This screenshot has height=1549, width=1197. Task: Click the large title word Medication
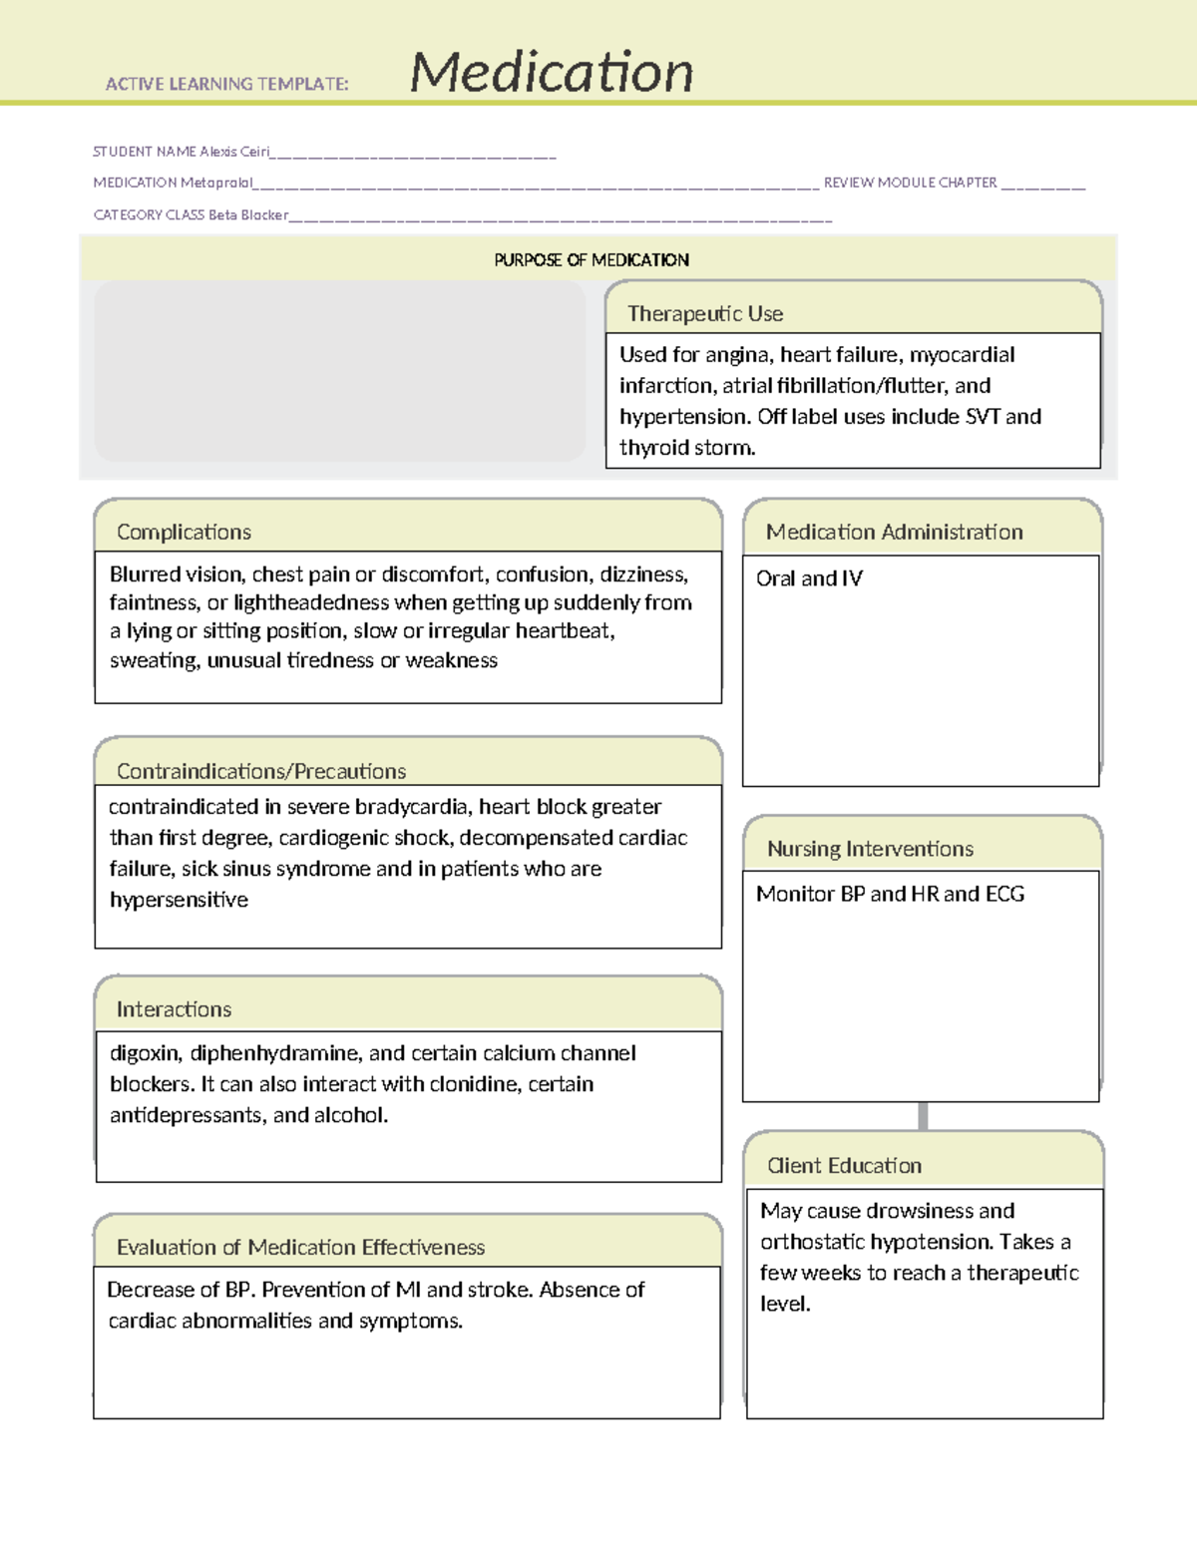point(552,72)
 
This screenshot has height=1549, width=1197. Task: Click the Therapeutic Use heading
point(704,313)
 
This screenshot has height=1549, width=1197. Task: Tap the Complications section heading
point(184,532)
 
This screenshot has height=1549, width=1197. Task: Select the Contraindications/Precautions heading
point(261,771)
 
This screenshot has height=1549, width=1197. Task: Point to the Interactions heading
point(174,1009)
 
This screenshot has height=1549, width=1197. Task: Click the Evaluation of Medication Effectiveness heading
point(300,1247)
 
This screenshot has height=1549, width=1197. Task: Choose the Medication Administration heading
point(894,532)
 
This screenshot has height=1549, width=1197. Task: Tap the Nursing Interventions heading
point(870,849)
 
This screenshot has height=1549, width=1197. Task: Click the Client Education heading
point(844,1165)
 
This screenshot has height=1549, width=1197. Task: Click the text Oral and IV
point(809,579)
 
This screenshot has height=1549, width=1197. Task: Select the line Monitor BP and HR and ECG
point(890,894)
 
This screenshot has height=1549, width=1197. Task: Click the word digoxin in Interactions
point(145,1053)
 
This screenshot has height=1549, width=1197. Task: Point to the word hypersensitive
point(179,900)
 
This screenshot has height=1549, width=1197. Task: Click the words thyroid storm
point(686,448)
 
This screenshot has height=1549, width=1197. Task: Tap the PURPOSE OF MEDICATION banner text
point(592,260)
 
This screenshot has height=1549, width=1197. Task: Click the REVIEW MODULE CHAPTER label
point(910,183)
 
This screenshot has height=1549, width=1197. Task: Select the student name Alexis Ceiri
point(234,152)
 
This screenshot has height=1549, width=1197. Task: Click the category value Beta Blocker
point(248,214)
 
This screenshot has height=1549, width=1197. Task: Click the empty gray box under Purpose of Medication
point(339,371)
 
